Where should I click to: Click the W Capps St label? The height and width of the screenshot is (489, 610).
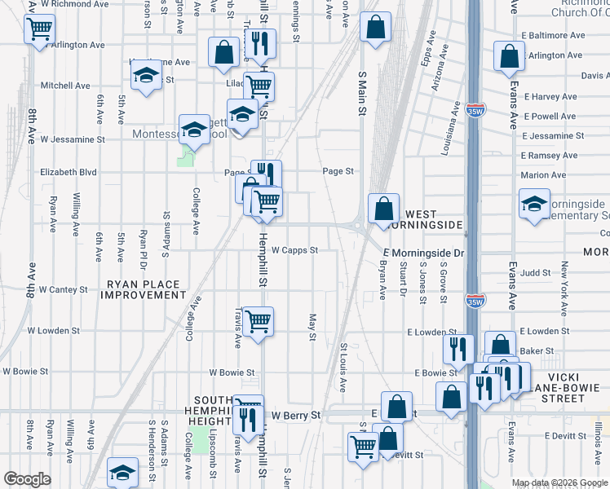[294, 250]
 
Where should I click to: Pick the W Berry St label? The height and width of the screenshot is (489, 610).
[297, 415]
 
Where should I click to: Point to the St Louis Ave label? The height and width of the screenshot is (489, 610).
[343, 368]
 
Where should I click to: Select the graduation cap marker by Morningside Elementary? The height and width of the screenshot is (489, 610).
[534, 203]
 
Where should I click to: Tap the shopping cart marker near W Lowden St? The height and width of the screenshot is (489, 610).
[258, 320]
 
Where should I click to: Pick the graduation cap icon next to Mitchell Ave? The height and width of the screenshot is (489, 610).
[146, 75]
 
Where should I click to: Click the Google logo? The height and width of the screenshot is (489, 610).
[27, 479]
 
